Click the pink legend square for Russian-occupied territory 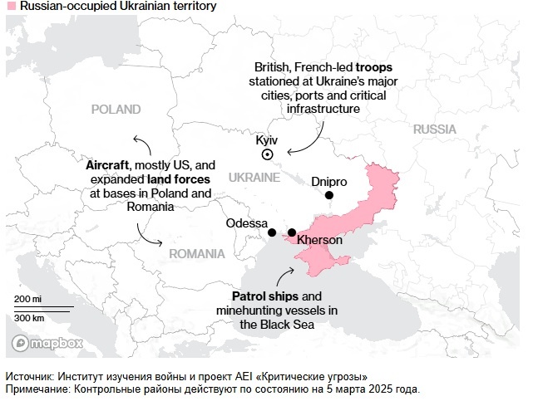(x=10, y=7)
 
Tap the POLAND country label (x=116, y=110)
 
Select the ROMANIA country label (x=196, y=253)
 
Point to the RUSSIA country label (x=434, y=130)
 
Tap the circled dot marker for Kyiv (x=268, y=154)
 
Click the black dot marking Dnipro (x=329, y=195)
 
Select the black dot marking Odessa (x=272, y=233)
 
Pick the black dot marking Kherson (x=292, y=232)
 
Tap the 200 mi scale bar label (x=27, y=298)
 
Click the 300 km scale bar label (x=29, y=318)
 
